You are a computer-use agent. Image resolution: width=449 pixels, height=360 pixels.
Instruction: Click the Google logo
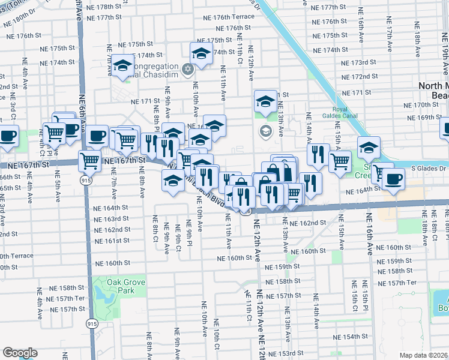(x=20, y=353)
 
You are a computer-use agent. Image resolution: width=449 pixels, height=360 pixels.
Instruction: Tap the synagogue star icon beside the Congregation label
(x=187, y=70)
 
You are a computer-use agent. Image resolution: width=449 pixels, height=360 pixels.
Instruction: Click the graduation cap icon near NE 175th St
(x=202, y=53)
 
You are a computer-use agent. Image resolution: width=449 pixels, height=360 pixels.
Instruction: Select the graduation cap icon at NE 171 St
(x=265, y=101)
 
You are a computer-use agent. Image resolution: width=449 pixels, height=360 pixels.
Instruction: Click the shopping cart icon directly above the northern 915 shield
(x=89, y=160)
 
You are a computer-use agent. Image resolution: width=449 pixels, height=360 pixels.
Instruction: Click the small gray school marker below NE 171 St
(x=265, y=130)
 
